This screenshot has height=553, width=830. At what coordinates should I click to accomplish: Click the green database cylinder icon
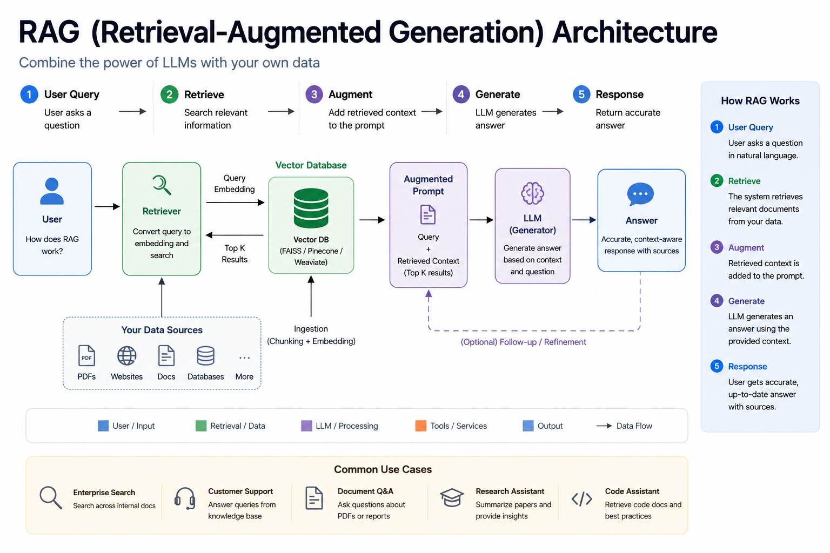311,208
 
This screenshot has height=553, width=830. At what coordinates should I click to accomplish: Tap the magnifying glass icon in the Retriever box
162,185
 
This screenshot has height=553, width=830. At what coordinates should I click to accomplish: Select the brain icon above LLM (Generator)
532,193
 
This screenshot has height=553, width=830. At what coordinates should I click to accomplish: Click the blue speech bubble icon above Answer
640,194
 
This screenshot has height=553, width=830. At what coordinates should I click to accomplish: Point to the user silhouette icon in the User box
52,191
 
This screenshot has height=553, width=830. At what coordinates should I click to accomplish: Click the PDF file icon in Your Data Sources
86,355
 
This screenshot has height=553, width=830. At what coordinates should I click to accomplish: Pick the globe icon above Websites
127,356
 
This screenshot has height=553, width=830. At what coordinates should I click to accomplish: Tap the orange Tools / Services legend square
420,426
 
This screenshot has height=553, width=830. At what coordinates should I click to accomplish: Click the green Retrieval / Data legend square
201,426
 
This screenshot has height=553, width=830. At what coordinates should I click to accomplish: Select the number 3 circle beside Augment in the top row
314,95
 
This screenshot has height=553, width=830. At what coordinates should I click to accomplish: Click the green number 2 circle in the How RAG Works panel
717,181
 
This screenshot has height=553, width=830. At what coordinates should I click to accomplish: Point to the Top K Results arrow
235,235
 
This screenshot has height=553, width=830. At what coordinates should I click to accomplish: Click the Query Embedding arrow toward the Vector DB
235,203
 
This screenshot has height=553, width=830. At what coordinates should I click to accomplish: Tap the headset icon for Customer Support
184,498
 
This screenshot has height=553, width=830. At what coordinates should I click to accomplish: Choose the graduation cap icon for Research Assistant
452,497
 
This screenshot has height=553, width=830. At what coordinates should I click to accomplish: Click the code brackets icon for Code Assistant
582,499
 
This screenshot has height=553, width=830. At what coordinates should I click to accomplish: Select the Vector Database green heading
311,165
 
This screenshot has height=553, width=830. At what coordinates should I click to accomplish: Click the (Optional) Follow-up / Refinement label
523,342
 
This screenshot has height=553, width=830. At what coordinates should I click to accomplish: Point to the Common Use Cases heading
383,469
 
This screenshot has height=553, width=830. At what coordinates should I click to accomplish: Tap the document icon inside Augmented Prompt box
428,214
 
